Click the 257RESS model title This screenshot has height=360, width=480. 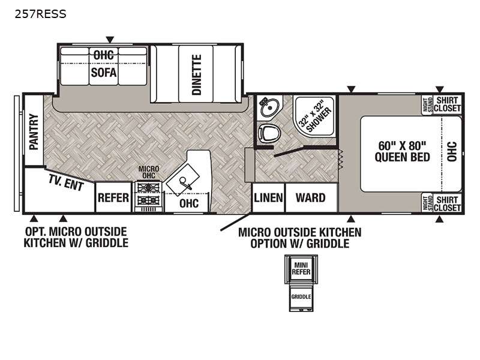click(40, 14)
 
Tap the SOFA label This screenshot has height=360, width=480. click(104, 73)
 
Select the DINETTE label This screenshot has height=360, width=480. click(197, 74)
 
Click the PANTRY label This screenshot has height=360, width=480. click(34, 132)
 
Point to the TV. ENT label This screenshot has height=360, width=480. click(66, 182)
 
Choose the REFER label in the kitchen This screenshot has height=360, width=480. click(113, 198)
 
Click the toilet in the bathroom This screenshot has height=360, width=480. click(269, 133)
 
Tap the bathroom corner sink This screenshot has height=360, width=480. click(269, 106)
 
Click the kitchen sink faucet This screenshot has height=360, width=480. click(185, 183)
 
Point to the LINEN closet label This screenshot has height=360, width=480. click(268, 198)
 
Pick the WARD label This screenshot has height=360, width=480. click(310, 198)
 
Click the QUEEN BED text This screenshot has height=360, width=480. click(402, 157)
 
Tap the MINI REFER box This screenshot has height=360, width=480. click(301, 268)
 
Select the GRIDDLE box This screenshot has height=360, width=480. click(301, 296)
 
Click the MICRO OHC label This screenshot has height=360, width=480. click(149, 172)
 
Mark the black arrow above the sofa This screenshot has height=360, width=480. click(110, 40)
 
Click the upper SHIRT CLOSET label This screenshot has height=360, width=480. click(447, 104)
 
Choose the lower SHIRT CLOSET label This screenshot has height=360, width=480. click(447, 204)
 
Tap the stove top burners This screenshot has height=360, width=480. click(149, 193)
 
